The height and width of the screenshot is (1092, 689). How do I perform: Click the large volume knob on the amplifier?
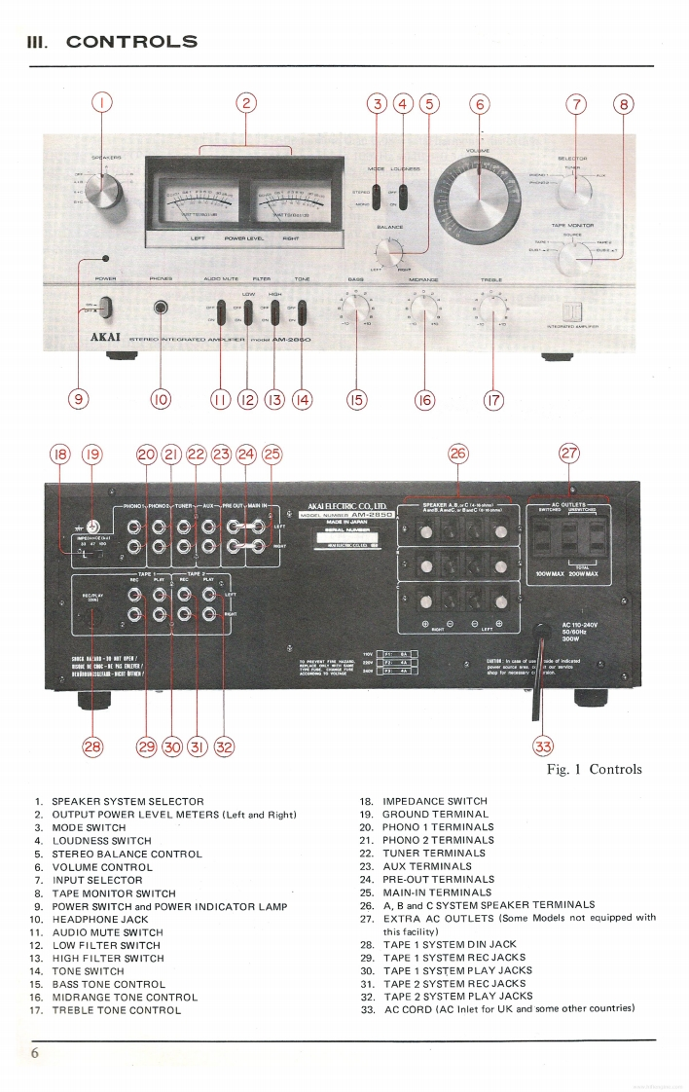click(x=479, y=189)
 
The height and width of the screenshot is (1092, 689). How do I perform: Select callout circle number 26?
click(x=457, y=453)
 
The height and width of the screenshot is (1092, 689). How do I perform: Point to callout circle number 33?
click(x=543, y=746)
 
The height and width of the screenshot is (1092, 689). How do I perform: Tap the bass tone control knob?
click(x=356, y=311)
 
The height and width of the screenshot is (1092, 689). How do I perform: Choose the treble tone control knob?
click(x=492, y=311)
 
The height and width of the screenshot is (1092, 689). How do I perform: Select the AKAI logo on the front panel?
click(x=111, y=340)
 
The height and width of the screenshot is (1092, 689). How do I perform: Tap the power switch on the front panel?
click(x=105, y=309)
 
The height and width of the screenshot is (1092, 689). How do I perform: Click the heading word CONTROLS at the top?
click(x=131, y=42)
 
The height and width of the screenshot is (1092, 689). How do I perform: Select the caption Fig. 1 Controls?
click(x=594, y=769)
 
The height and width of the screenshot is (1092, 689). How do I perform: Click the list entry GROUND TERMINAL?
click(x=434, y=814)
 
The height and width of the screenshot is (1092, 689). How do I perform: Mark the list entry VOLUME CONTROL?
click(x=102, y=866)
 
